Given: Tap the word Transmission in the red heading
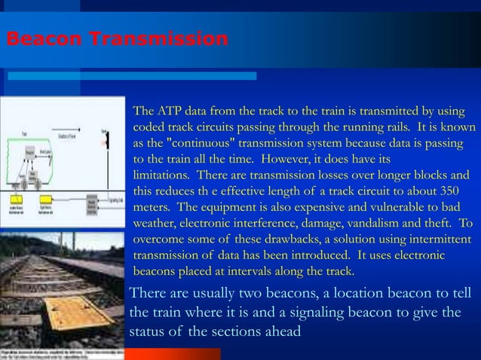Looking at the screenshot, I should click(157, 38).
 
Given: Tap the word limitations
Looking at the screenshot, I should click(162, 175).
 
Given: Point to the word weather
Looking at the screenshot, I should click(157, 223).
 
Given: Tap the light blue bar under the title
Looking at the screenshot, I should click(131, 75).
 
